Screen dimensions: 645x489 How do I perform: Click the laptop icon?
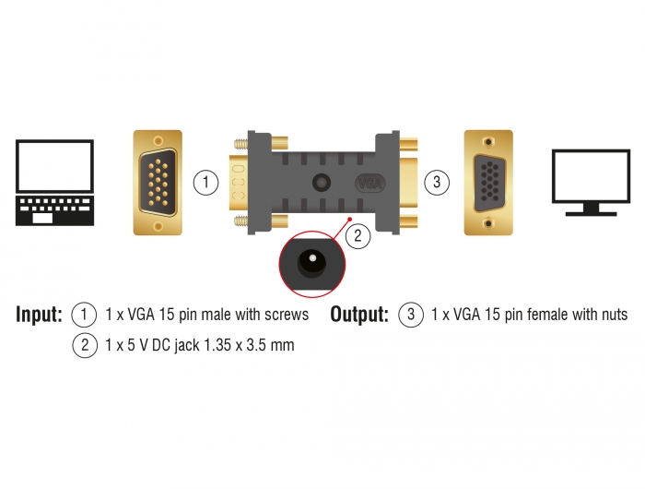(x=54, y=183)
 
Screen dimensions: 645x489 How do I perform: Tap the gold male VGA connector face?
(x=158, y=183)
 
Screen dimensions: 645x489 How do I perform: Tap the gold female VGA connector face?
(x=488, y=183)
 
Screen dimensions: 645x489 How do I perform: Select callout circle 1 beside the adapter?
(x=205, y=182)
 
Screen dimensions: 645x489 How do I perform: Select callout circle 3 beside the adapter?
(x=437, y=182)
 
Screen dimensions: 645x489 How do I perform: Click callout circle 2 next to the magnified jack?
(x=358, y=235)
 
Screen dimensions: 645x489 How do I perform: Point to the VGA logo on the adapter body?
(x=370, y=183)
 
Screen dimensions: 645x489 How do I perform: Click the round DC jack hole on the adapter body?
(x=322, y=183)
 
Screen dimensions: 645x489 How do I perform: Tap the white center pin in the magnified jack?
(x=312, y=258)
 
